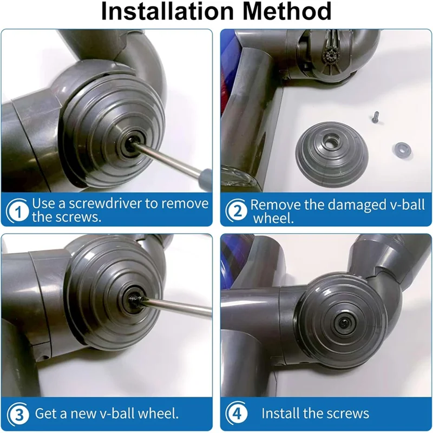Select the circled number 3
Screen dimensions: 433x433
pos(19,415)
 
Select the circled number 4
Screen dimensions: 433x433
pos(237,415)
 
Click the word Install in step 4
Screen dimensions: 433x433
pos(280,414)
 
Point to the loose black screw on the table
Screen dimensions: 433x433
pos(372,115)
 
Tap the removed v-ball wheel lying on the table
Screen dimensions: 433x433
pos(330,149)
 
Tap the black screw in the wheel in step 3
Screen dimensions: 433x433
pos(133,298)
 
